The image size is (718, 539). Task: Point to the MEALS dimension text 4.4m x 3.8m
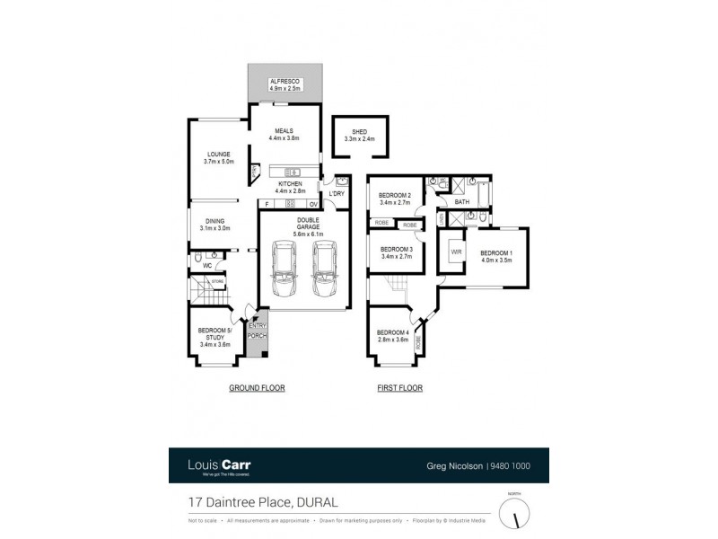pyautogui.click(x=284, y=139)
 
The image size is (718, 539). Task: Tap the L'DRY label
pyautogui.click(x=337, y=194)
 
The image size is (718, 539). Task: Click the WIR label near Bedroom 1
pyautogui.click(x=455, y=252)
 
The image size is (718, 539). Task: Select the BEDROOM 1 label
pyautogui.click(x=495, y=253)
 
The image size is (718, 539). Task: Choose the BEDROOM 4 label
pyautogui.click(x=394, y=333)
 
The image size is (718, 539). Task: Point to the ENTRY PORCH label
pyautogui.click(x=258, y=331)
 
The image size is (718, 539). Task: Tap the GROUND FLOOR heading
pyautogui.click(x=256, y=388)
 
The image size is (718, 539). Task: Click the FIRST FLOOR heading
pyautogui.click(x=398, y=388)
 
